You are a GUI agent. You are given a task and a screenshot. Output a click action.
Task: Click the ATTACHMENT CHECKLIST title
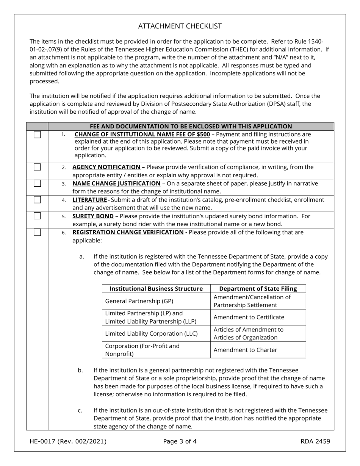[180, 26]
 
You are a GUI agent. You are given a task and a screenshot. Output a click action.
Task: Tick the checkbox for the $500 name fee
[37, 135]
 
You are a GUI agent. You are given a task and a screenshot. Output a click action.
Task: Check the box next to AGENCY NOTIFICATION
[37, 167]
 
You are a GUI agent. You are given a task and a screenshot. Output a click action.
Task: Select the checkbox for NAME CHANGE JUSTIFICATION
[37, 183]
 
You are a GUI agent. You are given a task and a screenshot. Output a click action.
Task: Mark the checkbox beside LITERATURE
[37, 200]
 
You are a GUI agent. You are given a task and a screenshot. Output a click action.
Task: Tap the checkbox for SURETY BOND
[37, 216]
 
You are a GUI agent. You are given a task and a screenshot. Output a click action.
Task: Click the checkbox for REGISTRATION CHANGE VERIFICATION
[37, 232]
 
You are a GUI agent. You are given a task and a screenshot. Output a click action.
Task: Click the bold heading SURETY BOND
[93, 216]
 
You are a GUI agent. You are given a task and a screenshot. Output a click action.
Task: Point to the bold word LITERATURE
[89, 200]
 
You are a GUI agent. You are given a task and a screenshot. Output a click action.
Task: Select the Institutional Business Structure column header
[156, 289]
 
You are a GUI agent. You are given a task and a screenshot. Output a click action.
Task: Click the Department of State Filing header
[258, 289]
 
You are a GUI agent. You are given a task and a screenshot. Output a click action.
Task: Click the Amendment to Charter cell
[245, 350]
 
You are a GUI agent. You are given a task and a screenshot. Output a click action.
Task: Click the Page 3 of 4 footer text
[180, 441]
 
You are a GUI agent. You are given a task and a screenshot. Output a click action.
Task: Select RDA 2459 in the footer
[315, 441]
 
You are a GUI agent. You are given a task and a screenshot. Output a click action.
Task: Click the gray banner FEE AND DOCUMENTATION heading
[191, 127]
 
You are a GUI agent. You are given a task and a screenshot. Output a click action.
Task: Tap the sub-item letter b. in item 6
[80, 370]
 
